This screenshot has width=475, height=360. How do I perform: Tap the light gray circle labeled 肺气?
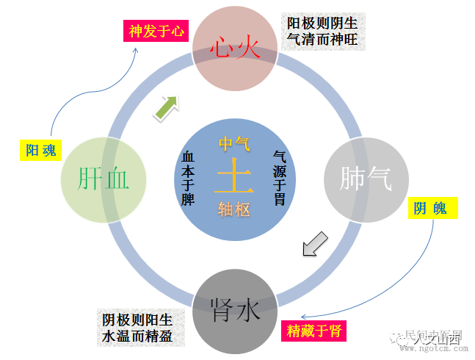click(x=366, y=179)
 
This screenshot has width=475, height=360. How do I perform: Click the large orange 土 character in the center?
click(x=234, y=176)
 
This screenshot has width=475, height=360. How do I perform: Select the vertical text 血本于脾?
click(x=188, y=178)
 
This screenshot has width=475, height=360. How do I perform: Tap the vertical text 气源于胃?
click(x=280, y=178)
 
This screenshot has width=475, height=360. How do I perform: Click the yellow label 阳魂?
click(x=41, y=151)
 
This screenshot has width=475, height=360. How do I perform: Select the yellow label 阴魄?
click(x=431, y=209)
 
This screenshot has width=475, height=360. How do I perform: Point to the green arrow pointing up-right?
click(x=165, y=107)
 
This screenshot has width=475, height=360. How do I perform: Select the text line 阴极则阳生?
click(x=138, y=320)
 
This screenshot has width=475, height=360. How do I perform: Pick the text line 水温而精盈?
click(x=138, y=336)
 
